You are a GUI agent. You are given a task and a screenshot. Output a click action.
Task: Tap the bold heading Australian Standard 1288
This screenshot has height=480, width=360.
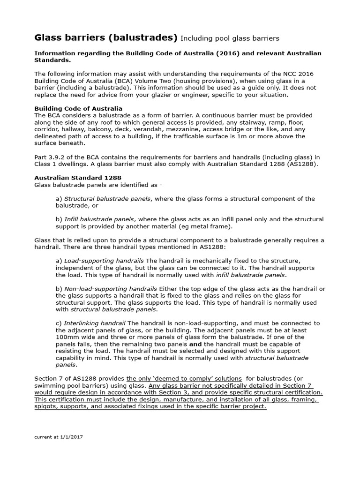(78, 178)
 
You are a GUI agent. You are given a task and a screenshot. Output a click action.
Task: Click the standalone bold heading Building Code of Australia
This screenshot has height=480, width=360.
(78, 108)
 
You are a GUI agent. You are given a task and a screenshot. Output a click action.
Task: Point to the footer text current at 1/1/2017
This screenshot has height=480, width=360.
(59, 436)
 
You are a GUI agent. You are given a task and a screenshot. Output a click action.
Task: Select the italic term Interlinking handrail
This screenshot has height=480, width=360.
(95, 323)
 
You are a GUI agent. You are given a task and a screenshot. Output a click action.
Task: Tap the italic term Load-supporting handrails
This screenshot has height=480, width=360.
(104, 261)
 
